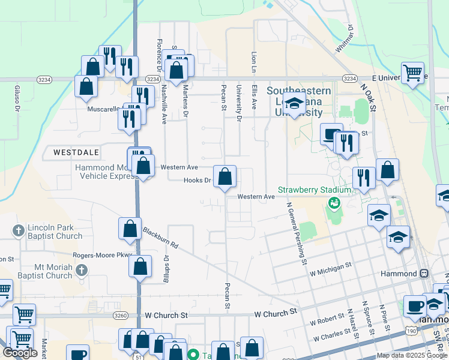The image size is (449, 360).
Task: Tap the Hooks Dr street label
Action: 197,180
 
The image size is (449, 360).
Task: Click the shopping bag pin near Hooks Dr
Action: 224,178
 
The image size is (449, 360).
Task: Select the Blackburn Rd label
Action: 161,238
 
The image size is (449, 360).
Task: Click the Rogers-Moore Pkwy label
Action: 97,254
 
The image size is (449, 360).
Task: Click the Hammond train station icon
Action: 424,273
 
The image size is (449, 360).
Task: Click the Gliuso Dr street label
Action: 17,98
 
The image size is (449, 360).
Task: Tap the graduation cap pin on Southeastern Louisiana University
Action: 294,106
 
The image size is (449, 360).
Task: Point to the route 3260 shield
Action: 119,314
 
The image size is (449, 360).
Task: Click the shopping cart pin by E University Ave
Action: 412,74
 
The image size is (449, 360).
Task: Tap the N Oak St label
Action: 368,96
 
